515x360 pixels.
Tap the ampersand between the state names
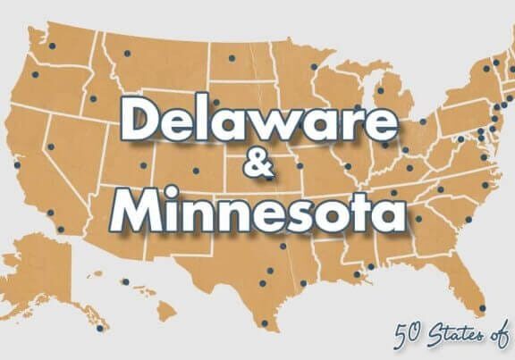[254, 166]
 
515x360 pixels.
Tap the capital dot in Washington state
[52, 46]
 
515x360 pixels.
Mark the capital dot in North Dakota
[232, 59]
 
